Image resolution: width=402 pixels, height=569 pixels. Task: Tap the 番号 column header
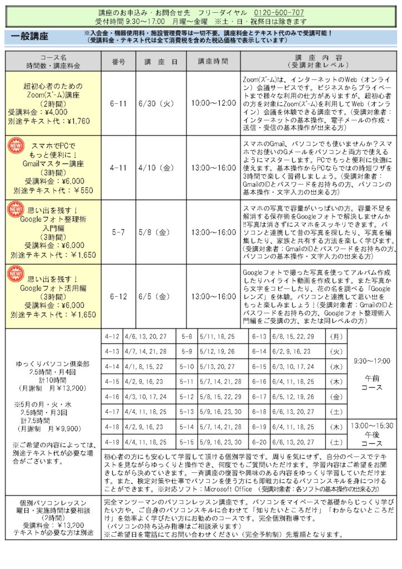pos(118,62)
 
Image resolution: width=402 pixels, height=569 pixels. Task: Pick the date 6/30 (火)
pos(157,103)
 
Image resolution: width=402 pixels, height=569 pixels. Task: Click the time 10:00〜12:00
pos(214,103)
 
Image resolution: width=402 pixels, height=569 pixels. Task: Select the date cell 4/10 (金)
pos(157,167)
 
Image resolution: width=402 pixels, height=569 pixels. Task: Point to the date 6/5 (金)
pos(157,297)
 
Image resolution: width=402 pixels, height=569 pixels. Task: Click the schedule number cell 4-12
pos(113,337)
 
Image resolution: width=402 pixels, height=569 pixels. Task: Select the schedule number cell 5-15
pos(187,443)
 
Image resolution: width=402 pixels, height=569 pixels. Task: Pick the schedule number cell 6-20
pos(259,443)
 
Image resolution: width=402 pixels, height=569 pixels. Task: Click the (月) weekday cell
pos(336,337)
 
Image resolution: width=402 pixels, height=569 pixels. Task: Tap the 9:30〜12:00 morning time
pos(371,361)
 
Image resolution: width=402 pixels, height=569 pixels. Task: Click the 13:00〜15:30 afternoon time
pos(371,425)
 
